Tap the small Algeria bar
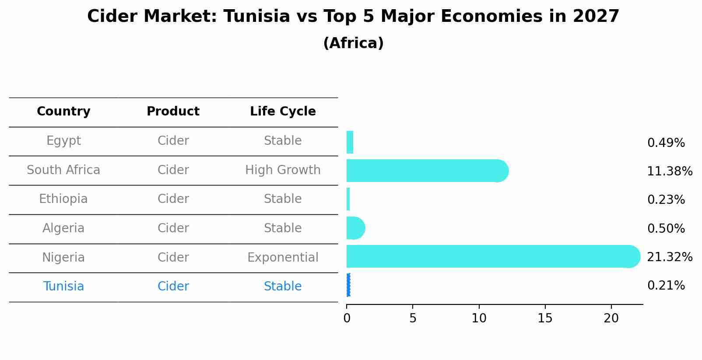355,228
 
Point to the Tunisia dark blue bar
348,285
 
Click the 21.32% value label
669,257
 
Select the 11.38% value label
669,171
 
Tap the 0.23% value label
666,200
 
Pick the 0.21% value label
666,286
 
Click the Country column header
63,112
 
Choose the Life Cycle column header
283,112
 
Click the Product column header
173,112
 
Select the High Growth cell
283,170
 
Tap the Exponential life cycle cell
283,258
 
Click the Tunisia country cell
63,287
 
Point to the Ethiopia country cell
63,199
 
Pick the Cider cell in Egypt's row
173,141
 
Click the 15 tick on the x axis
545,318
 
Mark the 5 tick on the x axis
413,318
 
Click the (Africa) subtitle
353,43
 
